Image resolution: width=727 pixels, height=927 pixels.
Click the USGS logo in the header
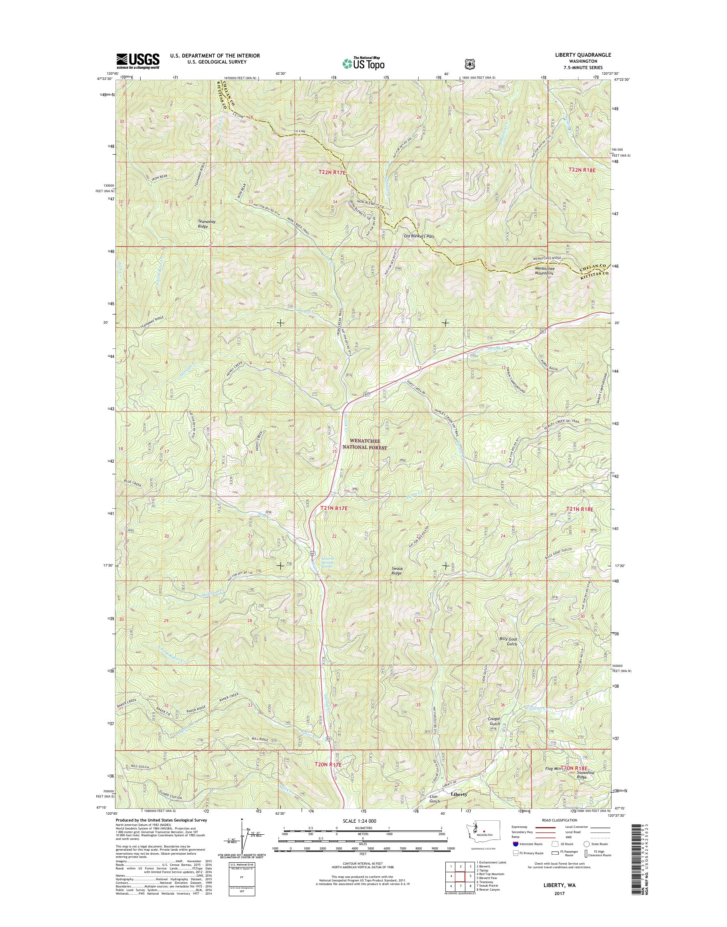138,61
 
